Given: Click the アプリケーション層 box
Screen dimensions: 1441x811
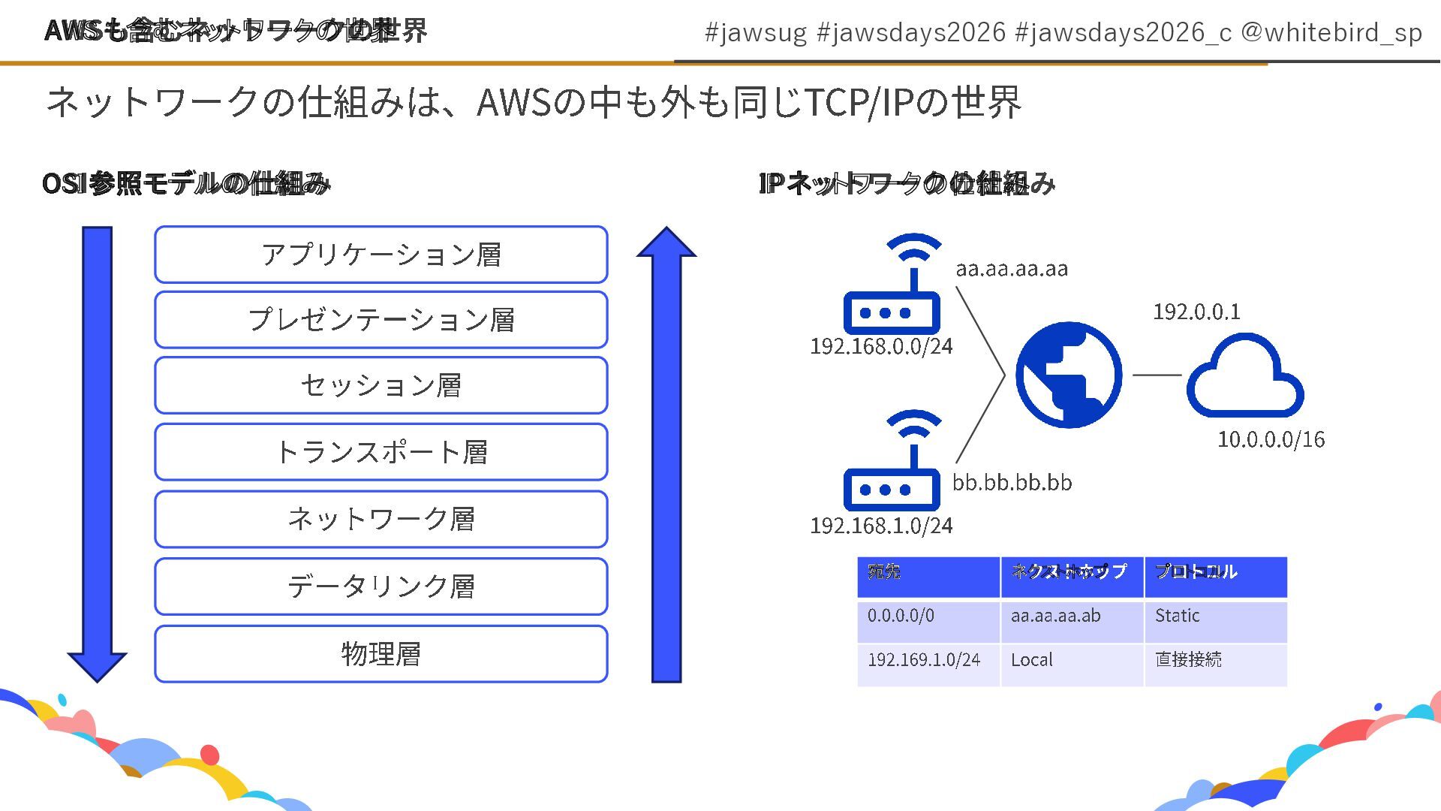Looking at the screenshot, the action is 381,255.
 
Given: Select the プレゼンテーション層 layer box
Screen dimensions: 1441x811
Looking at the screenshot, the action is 381,320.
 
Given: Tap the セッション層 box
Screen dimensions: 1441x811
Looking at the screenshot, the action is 381,385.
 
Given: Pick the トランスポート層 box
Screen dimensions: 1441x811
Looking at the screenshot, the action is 381,452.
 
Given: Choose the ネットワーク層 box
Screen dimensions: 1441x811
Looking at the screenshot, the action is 381,519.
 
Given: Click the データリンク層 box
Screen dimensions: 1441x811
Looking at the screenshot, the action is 381,586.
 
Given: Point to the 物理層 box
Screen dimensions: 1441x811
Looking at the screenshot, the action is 381,654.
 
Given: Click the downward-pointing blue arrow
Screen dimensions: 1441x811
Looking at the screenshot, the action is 97,451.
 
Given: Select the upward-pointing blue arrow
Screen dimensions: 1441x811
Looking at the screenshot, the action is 666,458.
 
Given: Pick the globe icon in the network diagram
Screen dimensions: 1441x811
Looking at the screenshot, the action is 1069,375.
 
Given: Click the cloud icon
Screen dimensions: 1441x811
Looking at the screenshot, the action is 1244,377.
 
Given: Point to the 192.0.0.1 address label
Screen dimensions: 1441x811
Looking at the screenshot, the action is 1196,312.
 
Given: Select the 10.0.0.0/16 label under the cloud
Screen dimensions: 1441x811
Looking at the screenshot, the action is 1271,439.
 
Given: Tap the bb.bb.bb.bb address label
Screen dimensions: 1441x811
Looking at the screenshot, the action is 1012,482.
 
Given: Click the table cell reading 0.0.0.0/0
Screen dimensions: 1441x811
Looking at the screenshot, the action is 901,617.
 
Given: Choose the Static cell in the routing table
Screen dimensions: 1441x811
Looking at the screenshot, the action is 1177,617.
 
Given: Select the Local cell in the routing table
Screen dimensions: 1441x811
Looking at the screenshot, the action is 1031,660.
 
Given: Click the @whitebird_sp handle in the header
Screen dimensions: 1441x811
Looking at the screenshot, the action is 1331,33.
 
